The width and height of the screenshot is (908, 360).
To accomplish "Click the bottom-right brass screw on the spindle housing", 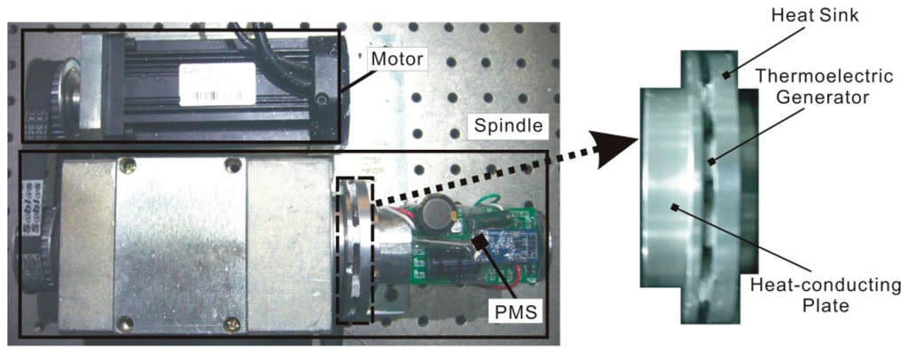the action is click(x=231, y=325).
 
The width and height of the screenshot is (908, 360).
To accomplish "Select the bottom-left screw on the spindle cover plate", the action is click(x=126, y=325).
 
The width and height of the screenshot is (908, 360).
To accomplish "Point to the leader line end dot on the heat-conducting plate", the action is click(x=675, y=207).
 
